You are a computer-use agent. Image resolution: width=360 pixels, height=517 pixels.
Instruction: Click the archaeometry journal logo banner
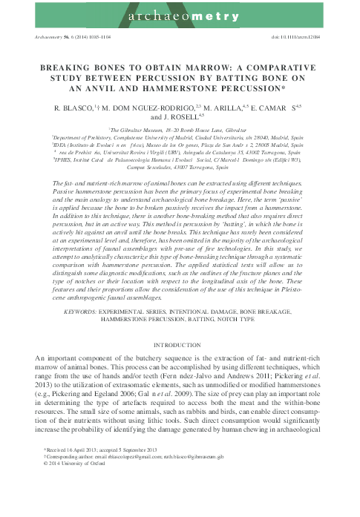[180, 13]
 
